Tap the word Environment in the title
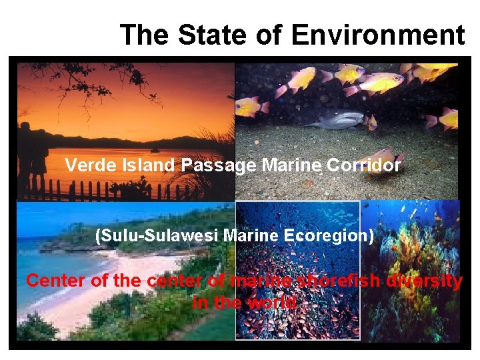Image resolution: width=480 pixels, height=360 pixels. point(378,35)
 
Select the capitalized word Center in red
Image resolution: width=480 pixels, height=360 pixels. point(56,281)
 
